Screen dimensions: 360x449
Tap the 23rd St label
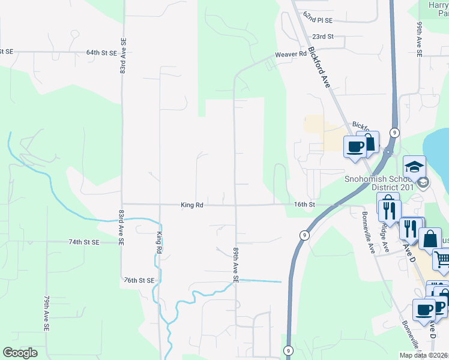coord(322,37)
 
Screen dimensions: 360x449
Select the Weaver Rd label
coord(291,55)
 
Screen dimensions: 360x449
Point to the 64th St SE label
coord(101,53)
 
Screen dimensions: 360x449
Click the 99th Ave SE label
coord(419,40)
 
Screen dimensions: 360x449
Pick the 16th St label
coord(304,205)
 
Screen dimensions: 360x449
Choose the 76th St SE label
coord(139,280)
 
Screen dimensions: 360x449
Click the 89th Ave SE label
coord(236,264)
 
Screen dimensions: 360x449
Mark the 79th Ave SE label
coord(46,313)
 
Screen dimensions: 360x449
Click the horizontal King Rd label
coord(192,205)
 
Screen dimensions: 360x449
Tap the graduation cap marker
coord(414,166)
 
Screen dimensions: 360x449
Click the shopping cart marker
coord(442,259)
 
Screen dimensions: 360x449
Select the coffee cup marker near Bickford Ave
coord(354,145)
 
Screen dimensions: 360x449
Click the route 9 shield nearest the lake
coord(394,133)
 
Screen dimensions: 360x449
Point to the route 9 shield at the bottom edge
coord(289,351)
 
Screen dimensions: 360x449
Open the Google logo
coord(20,353)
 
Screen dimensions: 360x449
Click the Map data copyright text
coord(424,355)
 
